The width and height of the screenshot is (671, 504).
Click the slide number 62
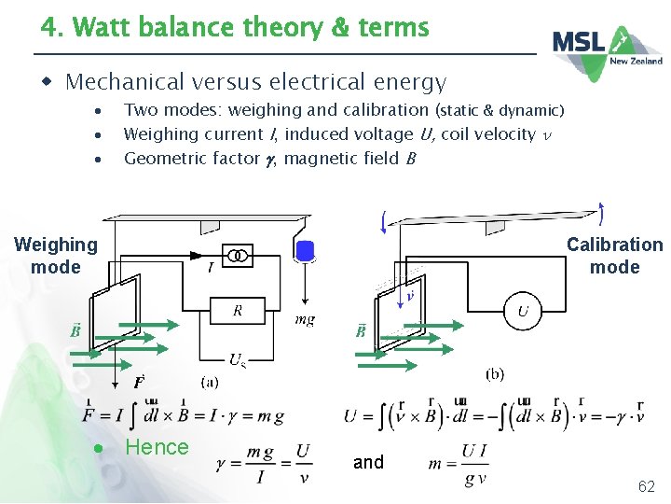pyautogui.click(x=645, y=486)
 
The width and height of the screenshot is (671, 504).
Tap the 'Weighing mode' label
pyautogui.click(x=56, y=256)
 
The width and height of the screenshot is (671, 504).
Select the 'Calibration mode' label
pyautogui.click(x=614, y=256)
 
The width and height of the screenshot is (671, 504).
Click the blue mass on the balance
pyautogui.click(x=305, y=250)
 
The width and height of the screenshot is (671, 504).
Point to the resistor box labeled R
pyautogui.click(x=238, y=311)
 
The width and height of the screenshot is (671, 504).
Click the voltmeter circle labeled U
pyautogui.click(x=522, y=312)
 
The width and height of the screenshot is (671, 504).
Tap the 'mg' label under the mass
pyautogui.click(x=305, y=319)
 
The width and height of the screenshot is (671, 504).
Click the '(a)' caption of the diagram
pyautogui.click(x=211, y=381)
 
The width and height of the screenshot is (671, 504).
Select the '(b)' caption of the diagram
pyautogui.click(x=494, y=373)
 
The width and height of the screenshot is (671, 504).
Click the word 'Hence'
pyautogui.click(x=157, y=447)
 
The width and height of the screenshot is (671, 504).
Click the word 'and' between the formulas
pyautogui.click(x=368, y=462)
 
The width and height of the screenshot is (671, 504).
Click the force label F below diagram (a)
pyautogui.click(x=138, y=382)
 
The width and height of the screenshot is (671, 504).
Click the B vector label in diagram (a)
pyautogui.click(x=74, y=330)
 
